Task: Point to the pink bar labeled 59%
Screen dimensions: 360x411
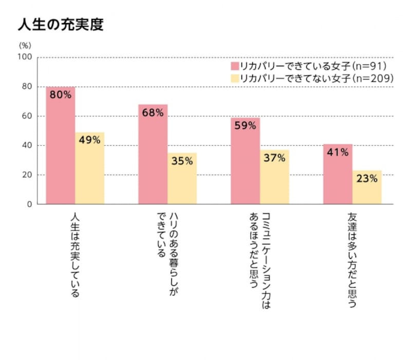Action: pos(245,161)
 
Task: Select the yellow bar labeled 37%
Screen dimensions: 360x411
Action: pos(274,177)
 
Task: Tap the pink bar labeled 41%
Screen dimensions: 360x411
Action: pos(338,174)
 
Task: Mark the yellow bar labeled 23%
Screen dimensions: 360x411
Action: pos(367,187)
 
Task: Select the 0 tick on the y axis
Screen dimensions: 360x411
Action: pos(29,204)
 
